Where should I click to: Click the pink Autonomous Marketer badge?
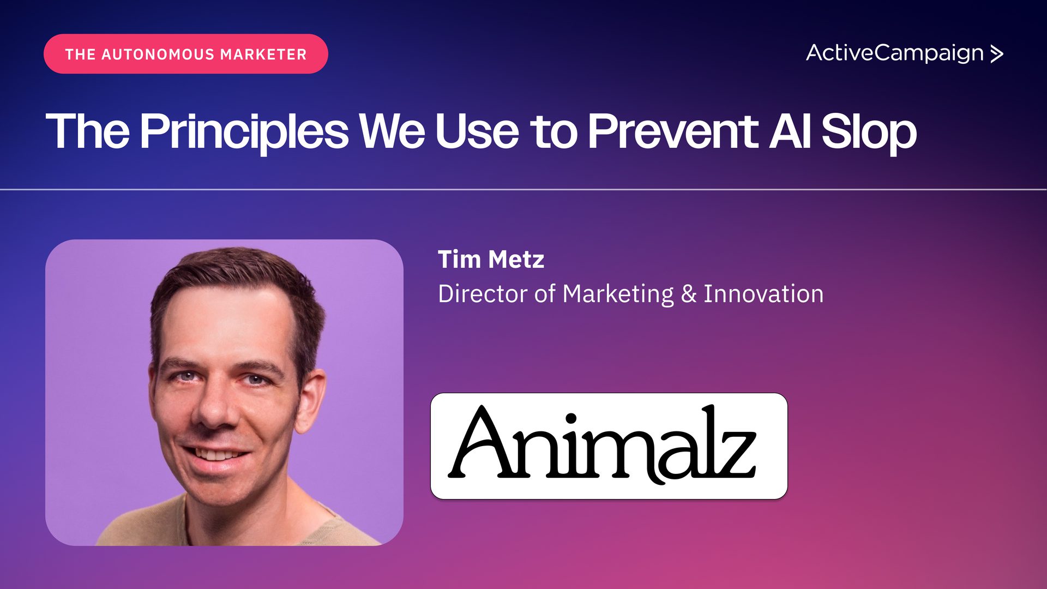click(186, 54)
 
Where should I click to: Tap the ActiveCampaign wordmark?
click(895, 53)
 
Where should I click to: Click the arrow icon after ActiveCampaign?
click(997, 53)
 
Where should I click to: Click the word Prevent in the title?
click(673, 131)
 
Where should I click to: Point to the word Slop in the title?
click(869, 133)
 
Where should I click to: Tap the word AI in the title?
click(790, 131)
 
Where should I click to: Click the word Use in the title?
click(477, 131)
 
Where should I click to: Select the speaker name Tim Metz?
click(491, 260)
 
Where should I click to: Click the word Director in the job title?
click(483, 294)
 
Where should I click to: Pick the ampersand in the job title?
click(689, 294)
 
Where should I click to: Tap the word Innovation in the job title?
click(763, 294)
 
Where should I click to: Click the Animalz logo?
click(609, 446)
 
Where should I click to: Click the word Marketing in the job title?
click(618, 294)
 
